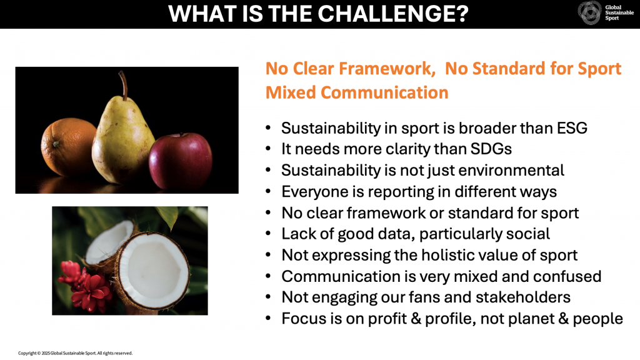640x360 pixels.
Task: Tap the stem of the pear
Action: point(123,84)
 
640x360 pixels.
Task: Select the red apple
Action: point(181,161)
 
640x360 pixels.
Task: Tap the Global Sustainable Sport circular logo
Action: point(589,13)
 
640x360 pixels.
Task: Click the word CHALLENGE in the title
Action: point(392,14)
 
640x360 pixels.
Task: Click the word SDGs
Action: point(491,149)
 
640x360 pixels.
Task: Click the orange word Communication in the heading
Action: point(384,92)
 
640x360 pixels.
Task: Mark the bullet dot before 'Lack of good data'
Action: point(268,234)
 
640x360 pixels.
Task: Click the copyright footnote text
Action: point(75,353)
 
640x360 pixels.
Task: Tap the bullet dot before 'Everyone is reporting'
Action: point(268,191)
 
